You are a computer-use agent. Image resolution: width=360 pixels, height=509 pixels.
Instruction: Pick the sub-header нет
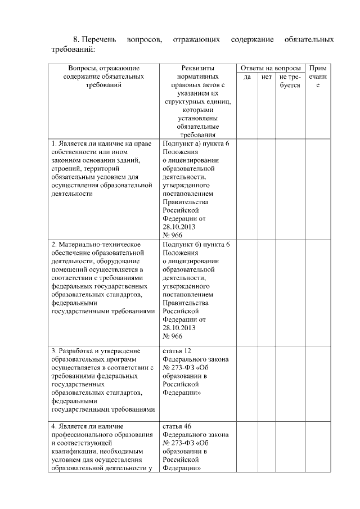(267, 77)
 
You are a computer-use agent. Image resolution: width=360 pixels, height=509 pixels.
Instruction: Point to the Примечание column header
(318, 76)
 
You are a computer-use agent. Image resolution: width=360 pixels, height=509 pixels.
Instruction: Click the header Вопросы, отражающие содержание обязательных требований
(102, 76)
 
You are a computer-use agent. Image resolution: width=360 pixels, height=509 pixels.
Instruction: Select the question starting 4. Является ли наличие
(102, 447)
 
